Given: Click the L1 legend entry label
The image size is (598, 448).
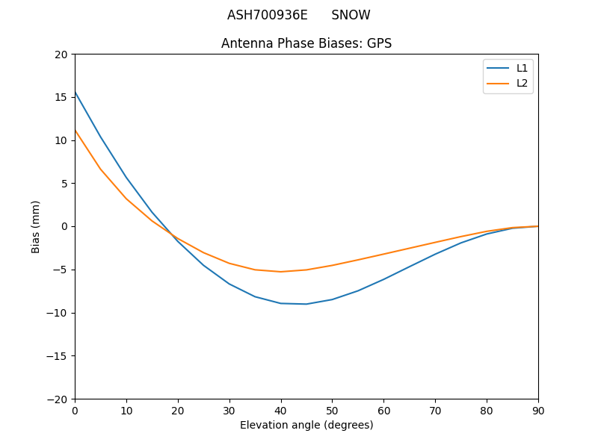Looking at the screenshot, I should [x=522, y=68].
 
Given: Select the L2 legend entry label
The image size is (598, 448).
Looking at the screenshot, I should [x=522, y=83].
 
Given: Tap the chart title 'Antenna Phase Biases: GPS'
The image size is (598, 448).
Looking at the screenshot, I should [x=306, y=43].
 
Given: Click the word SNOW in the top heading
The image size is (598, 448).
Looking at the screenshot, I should [x=351, y=15].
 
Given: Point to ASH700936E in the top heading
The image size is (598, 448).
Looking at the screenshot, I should [x=268, y=15].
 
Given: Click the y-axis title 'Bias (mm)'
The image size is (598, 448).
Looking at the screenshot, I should [x=36, y=226].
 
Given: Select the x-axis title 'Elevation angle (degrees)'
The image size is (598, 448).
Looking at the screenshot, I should [x=306, y=425].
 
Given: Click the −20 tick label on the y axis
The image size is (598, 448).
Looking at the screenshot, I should [x=58, y=399].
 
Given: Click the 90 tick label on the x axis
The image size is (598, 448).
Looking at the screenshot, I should [x=538, y=411].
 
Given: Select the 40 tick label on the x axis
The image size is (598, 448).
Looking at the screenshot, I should [x=281, y=411].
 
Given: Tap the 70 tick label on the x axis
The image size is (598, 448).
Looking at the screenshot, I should [x=435, y=411].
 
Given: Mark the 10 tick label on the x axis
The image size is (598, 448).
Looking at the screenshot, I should [x=126, y=411].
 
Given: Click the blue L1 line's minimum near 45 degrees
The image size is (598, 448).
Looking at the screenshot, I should [x=306, y=304].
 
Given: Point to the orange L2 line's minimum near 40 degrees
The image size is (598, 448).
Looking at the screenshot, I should [x=281, y=272].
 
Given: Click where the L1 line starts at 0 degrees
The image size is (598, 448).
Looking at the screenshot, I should [x=75, y=93].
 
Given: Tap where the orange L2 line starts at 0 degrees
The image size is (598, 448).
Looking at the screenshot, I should [x=75, y=131].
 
